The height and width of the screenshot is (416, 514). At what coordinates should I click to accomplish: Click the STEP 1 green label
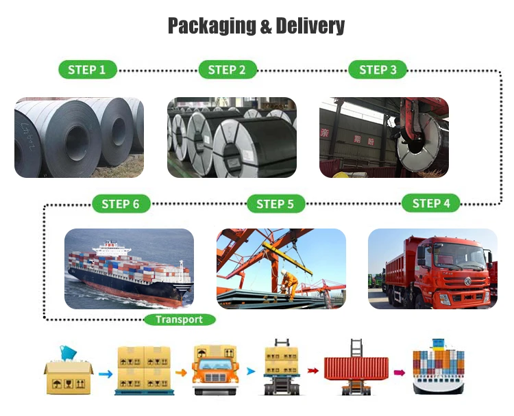tap(87, 69)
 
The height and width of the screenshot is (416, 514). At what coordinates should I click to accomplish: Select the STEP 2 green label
tap(227, 69)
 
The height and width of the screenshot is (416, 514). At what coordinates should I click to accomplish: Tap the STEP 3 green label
tap(378, 69)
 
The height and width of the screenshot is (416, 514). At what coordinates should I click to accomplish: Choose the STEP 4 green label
tap(431, 203)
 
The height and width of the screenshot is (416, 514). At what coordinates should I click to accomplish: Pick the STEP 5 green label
tap(275, 203)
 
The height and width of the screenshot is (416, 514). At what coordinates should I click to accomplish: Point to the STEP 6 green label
tap(121, 203)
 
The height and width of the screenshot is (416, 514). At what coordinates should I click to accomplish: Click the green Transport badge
tap(180, 319)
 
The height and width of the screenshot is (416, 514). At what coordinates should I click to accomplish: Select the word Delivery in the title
tap(310, 27)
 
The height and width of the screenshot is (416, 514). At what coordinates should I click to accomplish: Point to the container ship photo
tap(129, 268)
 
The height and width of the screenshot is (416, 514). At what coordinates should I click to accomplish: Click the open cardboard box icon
tap(68, 372)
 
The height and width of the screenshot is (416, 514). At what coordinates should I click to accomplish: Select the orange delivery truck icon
tap(215, 370)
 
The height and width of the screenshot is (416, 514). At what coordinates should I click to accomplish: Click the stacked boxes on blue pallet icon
tap(144, 370)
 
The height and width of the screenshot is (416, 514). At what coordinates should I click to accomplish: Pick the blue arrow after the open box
tap(105, 374)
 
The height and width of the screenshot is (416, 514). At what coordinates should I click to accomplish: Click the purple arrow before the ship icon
tap(399, 373)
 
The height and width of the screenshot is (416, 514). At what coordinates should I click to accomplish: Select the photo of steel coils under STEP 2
tap(232, 138)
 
